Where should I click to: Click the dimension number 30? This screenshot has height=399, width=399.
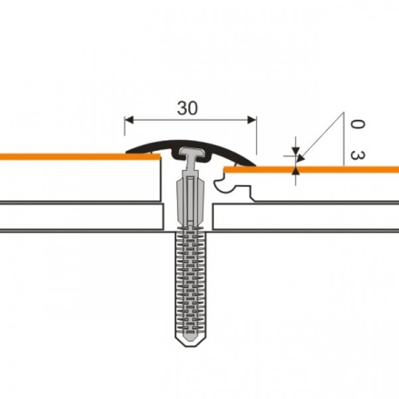188,108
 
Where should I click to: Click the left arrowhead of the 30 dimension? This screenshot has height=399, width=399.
129,120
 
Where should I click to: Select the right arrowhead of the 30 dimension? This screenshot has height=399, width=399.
252,120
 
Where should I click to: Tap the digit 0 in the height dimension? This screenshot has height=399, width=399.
358,124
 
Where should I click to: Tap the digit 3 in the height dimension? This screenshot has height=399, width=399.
358,155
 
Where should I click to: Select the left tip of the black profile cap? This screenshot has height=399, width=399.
126,152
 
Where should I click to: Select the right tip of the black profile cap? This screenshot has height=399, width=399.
255,165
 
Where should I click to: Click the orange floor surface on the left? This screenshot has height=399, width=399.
80,156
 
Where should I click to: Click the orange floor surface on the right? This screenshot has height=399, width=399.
311,169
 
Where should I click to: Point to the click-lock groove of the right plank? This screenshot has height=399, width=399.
224,185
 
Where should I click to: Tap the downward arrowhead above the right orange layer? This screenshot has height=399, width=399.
295,151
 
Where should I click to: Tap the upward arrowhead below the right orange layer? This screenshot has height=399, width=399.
295,170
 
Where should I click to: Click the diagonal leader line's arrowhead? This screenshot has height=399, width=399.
301,158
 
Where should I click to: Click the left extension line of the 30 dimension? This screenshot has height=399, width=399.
125,126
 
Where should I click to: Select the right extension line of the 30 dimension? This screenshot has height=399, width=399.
257,136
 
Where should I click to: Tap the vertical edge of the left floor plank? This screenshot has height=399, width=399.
161,180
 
